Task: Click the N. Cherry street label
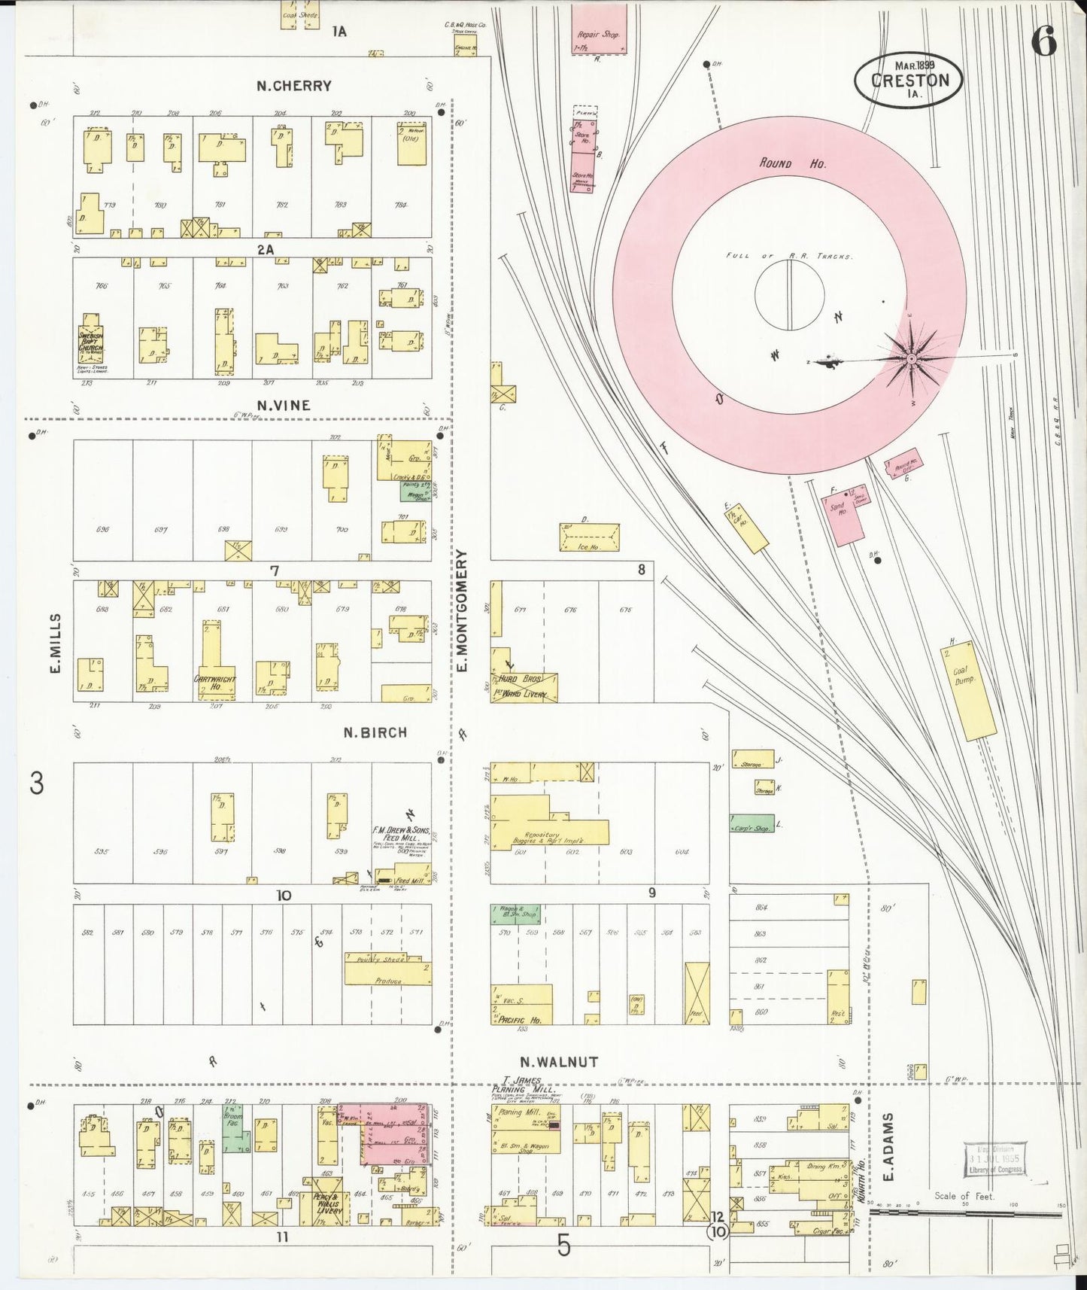[293, 86]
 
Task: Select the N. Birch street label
[375, 732]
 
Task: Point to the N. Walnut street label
[558, 1062]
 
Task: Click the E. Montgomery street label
[462, 610]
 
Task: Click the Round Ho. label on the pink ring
[782, 163]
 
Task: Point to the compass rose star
[912, 359]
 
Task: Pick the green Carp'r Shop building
[753, 824]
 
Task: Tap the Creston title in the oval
[908, 81]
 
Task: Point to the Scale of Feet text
[964, 1196]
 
